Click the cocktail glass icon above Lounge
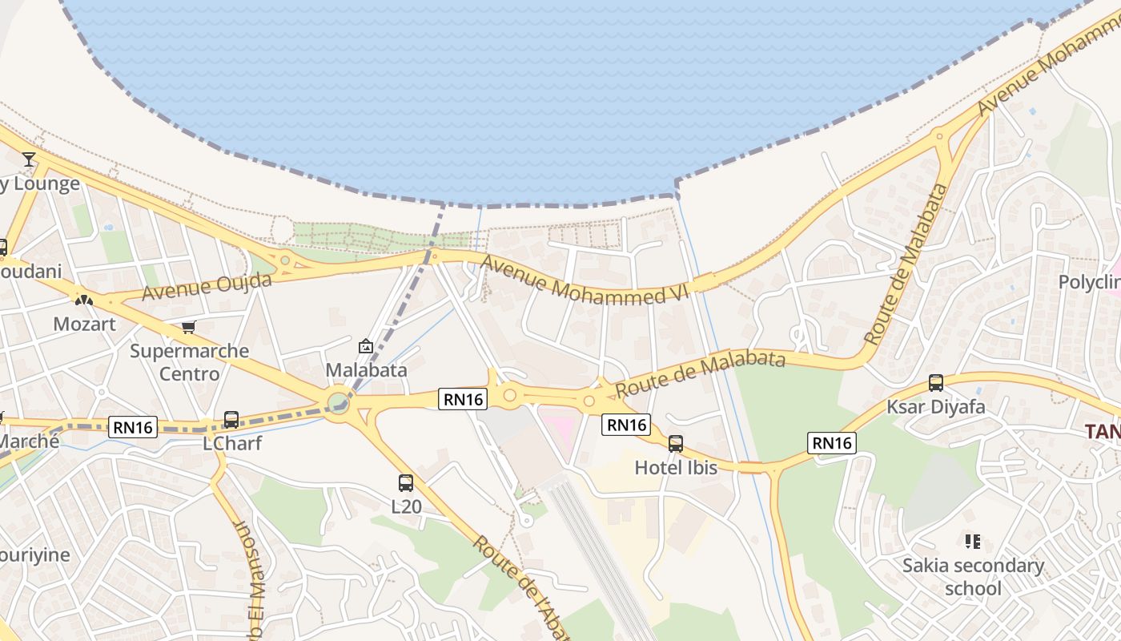tap(29, 159)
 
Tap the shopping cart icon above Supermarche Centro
tap(188, 327)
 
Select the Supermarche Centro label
tap(190, 362)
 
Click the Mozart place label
tap(84, 324)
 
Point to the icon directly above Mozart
tap(84, 300)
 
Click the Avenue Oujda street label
tap(207, 286)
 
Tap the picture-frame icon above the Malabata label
tap(366, 346)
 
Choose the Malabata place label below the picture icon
tap(366, 370)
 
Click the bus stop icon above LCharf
tap(231, 419)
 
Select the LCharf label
tap(232, 443)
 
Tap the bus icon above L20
tap(406, 482)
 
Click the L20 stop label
tap(406, 506)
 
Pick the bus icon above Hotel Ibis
tap(676, 443)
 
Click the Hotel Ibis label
tap(676, 467)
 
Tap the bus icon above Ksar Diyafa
tap(935, 383)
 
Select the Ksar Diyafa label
tap(935, 407)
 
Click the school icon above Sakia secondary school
tap(973, 542)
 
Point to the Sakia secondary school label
tap(973, 577)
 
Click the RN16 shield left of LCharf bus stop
tap(133, 427)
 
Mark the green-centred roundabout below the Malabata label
tap(339, 400)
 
